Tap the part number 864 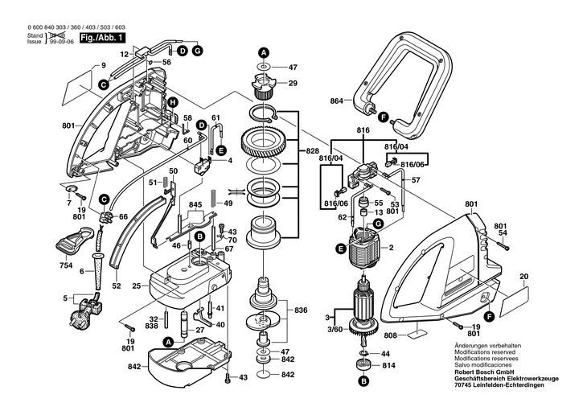(x=336, y=101)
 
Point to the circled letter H (x=172, y=101)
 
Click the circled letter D (x=183, y=51)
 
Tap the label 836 (x=301, y=310)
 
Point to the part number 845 (x=195, y=205)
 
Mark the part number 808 (x=390, y=334)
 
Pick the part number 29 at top (x=293, y=83)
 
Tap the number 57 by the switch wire (x=416, y=180)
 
